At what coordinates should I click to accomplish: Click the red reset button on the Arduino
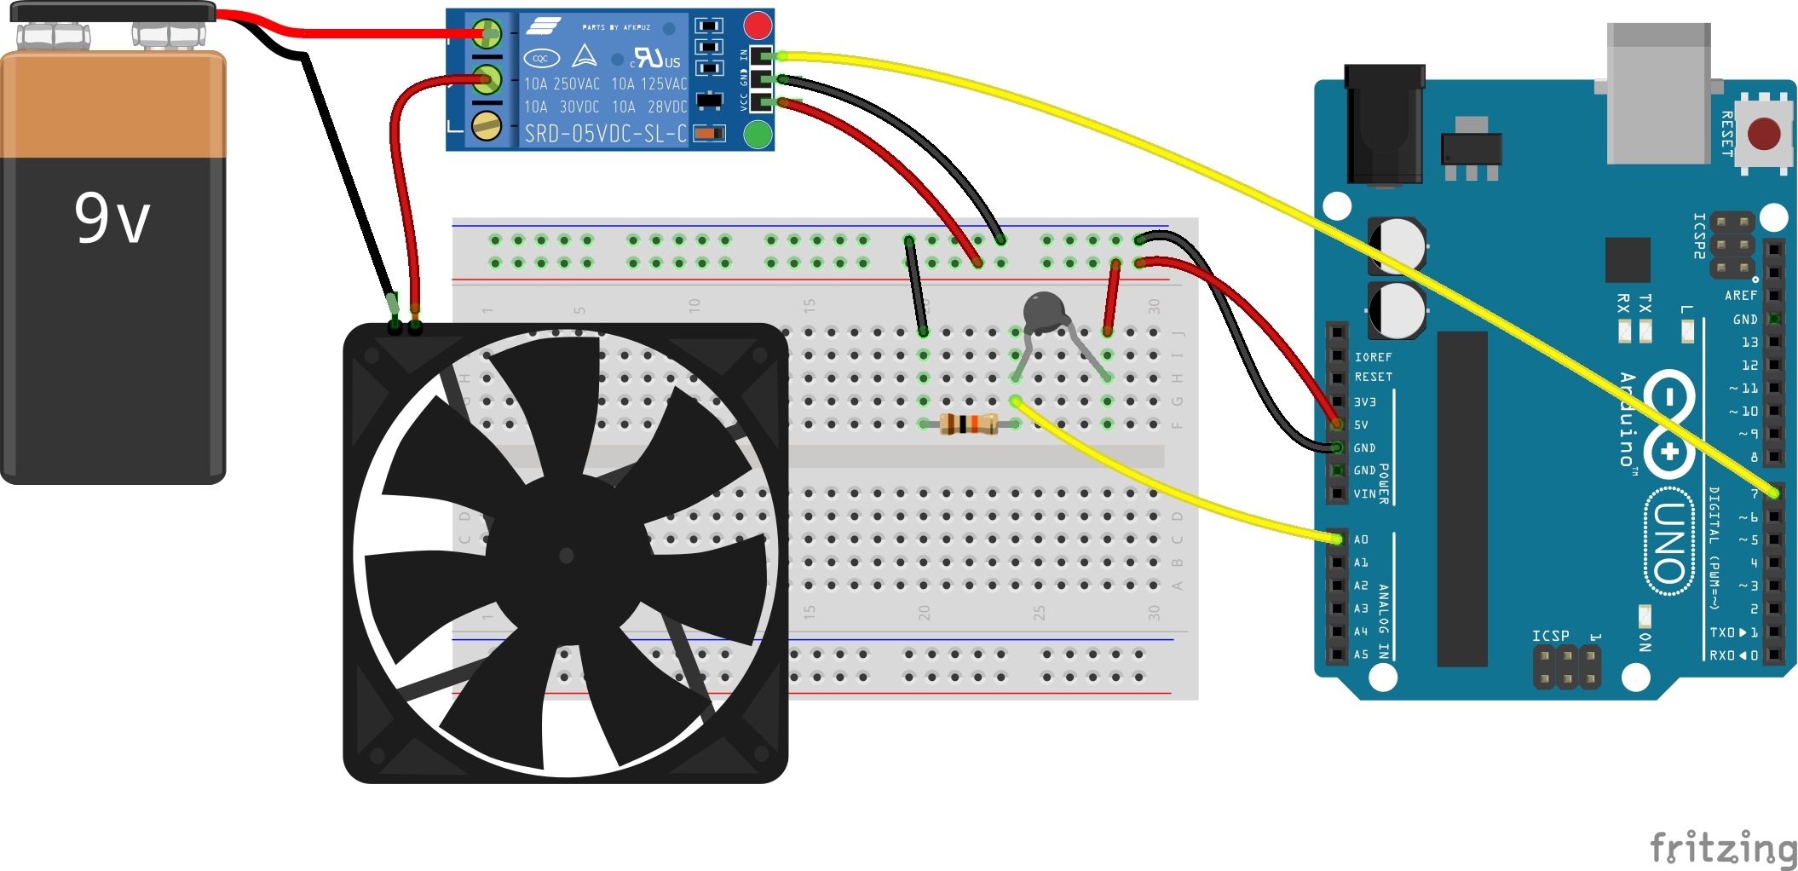click(1763, 134)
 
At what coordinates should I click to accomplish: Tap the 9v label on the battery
click(112, 218)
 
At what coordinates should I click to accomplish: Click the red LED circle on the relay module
click(758, 25)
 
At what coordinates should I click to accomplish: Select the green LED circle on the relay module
click(758, 134)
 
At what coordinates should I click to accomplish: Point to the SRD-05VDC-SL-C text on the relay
click(605, 134)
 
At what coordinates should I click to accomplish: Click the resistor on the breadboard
click(969, 424)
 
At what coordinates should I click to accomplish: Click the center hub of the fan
click(565, 556)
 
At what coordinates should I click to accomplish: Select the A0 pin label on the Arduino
click(1361, 539)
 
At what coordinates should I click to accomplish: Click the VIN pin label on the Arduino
click(1364, 493)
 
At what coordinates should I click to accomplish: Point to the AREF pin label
click(1740, 296)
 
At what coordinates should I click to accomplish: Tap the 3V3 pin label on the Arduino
click(1364, 401)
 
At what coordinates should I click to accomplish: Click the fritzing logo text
click(1722, 847)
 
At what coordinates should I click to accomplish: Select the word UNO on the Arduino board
click(1669, 541)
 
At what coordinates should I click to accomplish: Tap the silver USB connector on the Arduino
click(1657, 94)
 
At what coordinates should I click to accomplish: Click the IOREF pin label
click(1373, 357)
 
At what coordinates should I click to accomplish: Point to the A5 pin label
click(1361, 655)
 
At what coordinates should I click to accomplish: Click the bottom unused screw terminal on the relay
click(487, 126)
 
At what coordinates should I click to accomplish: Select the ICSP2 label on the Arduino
click(1699, 235)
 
